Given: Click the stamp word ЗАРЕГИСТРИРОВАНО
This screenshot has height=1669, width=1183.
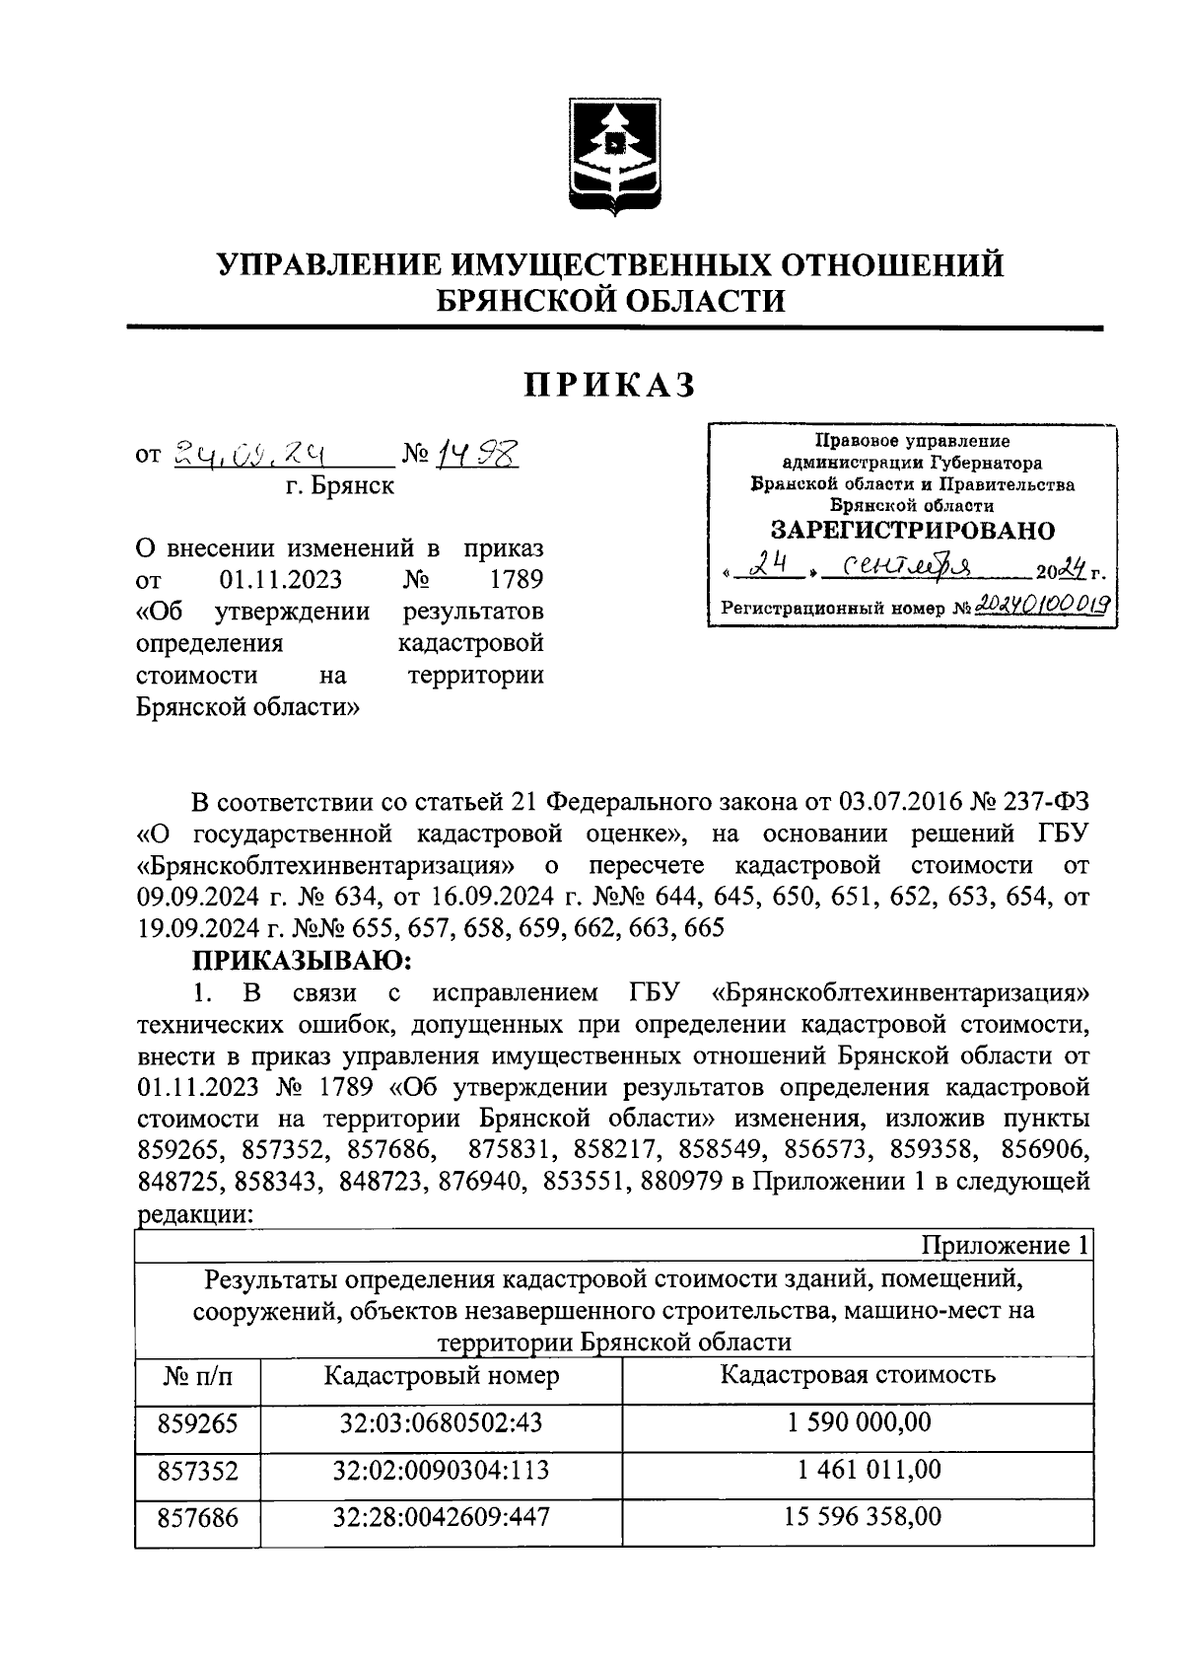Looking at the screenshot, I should click(x=912, y=530).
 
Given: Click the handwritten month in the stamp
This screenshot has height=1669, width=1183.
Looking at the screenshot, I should click(x=895, y=567).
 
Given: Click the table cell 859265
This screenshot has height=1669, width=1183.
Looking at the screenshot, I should click(x=197, y=1423).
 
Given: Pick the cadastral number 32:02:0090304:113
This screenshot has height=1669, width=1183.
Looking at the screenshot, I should click(x=441, y=1471).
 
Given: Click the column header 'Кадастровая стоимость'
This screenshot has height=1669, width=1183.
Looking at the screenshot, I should click(x=858, y=1375).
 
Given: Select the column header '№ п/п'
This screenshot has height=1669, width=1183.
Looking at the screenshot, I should click(x=197, y=1377).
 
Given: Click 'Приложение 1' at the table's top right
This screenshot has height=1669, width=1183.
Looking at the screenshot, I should click(x=1004, y=1246).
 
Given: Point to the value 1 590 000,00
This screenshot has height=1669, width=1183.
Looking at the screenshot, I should click(x=858, y=1423).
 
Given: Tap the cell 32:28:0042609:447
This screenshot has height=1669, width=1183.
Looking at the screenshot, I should click(x=441, y=1517).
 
